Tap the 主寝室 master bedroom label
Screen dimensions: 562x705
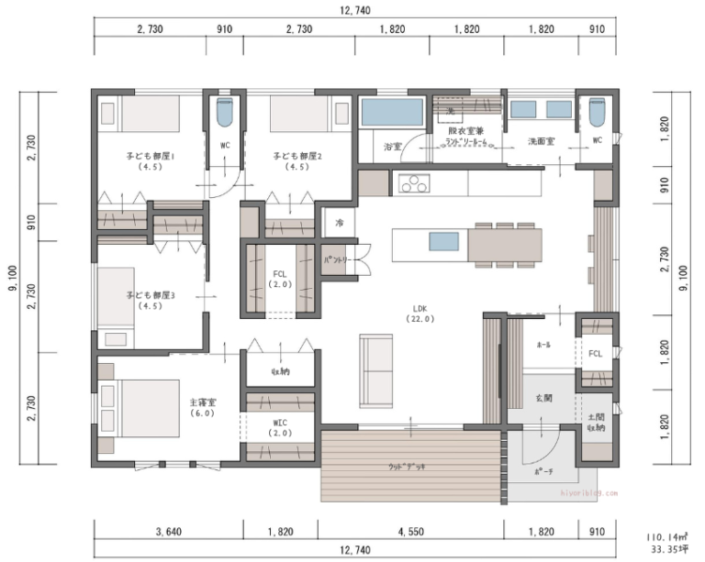(202, 407)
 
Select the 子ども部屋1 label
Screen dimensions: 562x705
(150, 161)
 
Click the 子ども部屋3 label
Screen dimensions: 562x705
(150, 300)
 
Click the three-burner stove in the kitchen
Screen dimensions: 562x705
(413, 184)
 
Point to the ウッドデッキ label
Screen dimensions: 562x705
(408, 467)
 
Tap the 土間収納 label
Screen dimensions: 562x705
(595, 422)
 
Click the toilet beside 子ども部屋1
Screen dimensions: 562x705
(225, 114)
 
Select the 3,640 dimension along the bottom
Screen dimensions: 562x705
(170, 531)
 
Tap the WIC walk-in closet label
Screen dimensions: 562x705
(280, 426)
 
